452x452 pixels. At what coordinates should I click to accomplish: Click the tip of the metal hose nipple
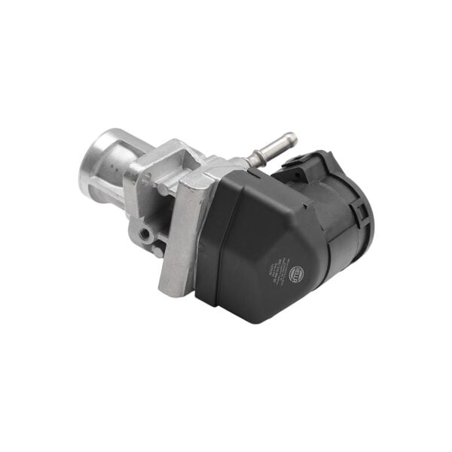pyautogui.click(x=291, y=139)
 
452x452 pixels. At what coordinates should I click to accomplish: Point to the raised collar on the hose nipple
pyautogui.click(x=258, y=155)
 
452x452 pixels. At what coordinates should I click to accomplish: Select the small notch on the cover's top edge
pyautogui.click(x=249, y=175)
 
